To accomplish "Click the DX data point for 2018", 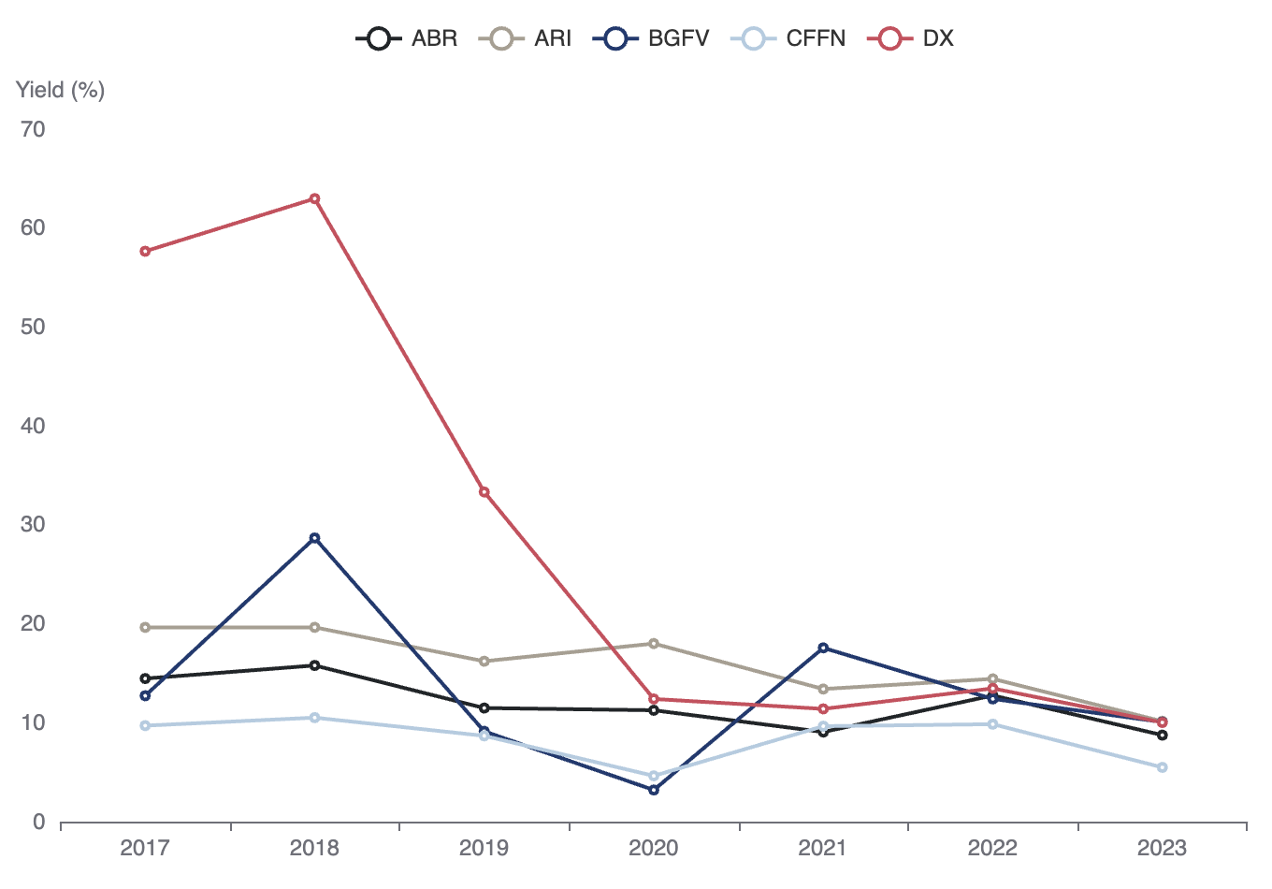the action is click(x=314, y=198).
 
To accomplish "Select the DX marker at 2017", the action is click(x=145, y=252).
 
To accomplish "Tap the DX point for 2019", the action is click(x=484, y=492).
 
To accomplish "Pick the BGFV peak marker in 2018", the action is click(x=314, y=538).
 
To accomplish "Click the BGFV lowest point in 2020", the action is click(x=654, y=790).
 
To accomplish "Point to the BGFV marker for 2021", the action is click(x=823, y=648).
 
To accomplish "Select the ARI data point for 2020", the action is click(x=654, y=644).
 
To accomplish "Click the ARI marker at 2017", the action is click(x=145, y=627).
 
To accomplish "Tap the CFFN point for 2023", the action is click(x=1163, y=767).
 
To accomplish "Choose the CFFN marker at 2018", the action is click(x=314, y=718).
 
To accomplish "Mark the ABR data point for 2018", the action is click(x=314, y=665).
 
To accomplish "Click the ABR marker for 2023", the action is click(x=1163, y=735).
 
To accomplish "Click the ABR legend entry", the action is click(x=407, y=38).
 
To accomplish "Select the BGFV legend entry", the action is click(x=651, y=38).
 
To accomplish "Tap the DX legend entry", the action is click(x=910, y=38).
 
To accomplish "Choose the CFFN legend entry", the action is click(x=788, y=38).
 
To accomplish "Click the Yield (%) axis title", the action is click(x=60, y=90).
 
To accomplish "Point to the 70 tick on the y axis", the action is click(x=33, y=129).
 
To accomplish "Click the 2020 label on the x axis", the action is click(x=653, y=848).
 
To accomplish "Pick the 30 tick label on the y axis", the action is click(x=33, y=524).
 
